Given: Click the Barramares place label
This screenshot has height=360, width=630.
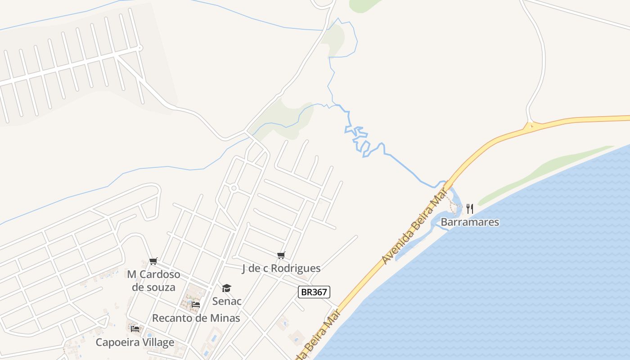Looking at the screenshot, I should tap(470, 222).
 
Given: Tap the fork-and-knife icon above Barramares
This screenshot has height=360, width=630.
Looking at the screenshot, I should tap(470, 208).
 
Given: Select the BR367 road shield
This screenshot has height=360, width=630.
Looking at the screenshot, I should tap(314, 292).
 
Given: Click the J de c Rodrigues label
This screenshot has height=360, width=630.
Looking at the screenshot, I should tap(281, 268).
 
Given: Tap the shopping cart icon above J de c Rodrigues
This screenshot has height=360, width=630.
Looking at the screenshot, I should tap(281, 256).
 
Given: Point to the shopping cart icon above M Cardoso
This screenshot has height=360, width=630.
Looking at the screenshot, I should tap(153, 261).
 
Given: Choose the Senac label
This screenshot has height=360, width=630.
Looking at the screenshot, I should tap(227, 301).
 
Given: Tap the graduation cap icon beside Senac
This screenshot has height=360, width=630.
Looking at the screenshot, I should tap(226, 288).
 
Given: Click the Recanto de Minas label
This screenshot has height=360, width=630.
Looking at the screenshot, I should tap(196, 318).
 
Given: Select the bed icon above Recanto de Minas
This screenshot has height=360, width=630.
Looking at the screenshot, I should tap(196, 305).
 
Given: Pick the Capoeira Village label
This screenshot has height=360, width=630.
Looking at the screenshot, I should tap(135, 342).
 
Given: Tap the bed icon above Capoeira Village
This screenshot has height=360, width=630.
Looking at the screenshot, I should tap(135, 328).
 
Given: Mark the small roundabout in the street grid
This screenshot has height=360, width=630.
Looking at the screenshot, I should tap(234, 188).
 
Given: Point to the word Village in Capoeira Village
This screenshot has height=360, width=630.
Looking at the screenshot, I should tap(156, 342).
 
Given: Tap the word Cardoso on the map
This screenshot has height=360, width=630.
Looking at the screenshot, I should tap(160, 274).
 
